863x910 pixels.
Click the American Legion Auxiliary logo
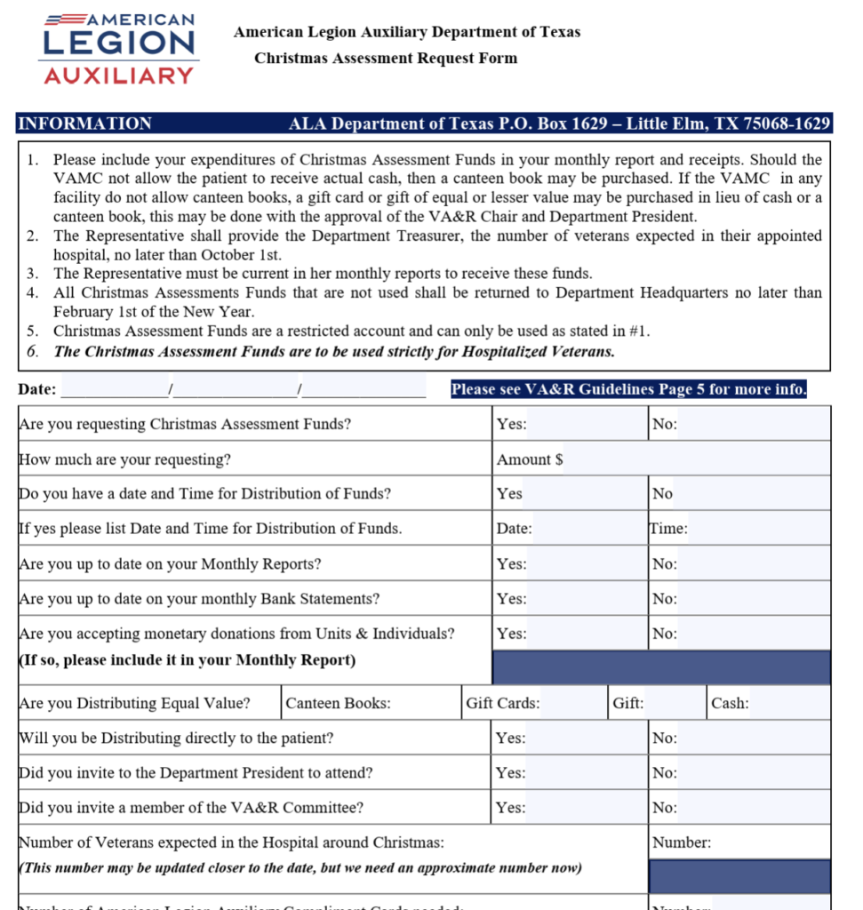(118, 49)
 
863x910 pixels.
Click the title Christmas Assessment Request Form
(385, 59)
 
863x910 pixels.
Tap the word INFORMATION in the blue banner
(85, 124)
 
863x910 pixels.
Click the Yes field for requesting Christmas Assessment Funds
(587, 424)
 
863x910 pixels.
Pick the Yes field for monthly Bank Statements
(587, 599)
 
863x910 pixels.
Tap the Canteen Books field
(424, 703)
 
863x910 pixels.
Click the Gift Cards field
(573, 703)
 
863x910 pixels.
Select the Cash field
(789, 703)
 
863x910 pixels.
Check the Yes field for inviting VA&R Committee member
(587, 808)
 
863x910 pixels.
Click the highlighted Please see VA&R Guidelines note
(628, 389)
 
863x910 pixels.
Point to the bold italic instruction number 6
(333, 351)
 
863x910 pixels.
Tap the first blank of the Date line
(115, 389)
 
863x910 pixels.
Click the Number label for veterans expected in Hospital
(682, 842)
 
